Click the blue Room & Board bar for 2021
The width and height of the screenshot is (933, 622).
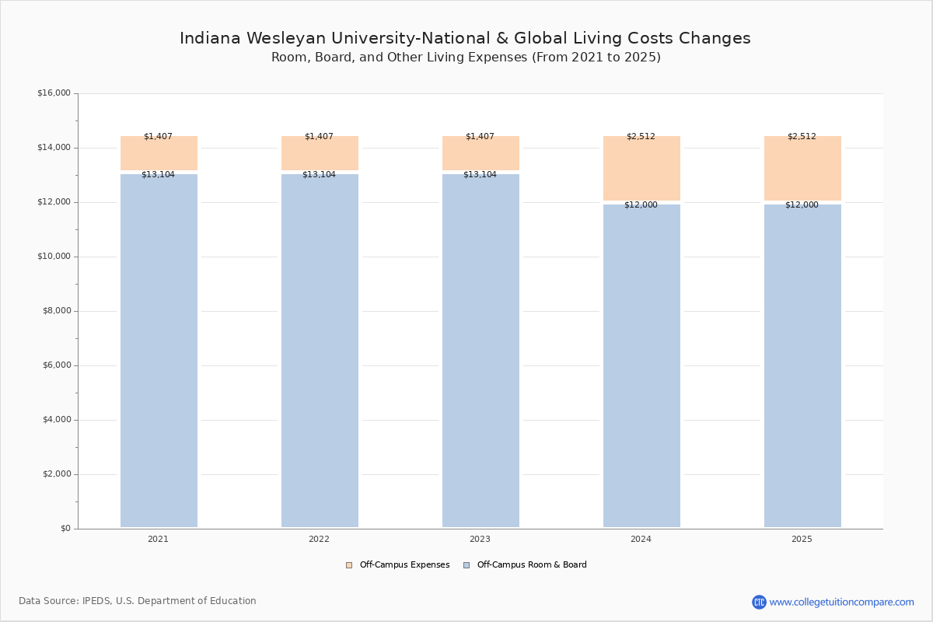159,350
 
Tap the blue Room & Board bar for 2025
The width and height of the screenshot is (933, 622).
802,365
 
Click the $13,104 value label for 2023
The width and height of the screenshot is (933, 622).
480,174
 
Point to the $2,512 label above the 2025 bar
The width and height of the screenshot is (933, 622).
802,136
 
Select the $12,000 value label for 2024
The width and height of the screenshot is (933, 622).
641,204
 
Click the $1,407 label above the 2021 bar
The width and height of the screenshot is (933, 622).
158,136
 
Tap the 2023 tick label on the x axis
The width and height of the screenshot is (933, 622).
480,539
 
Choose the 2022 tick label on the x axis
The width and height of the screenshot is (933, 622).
319,539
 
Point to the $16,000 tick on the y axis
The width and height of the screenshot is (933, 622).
54,93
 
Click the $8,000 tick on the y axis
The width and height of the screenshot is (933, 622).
56,311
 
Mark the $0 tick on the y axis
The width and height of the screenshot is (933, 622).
65,529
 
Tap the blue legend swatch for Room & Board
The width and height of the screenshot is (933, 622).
466,565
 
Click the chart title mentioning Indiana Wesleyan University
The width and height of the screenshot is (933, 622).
465,38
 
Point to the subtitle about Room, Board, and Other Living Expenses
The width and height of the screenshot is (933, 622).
466,58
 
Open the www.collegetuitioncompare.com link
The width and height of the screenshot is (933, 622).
841,602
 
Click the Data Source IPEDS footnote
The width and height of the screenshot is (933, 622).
138,601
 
